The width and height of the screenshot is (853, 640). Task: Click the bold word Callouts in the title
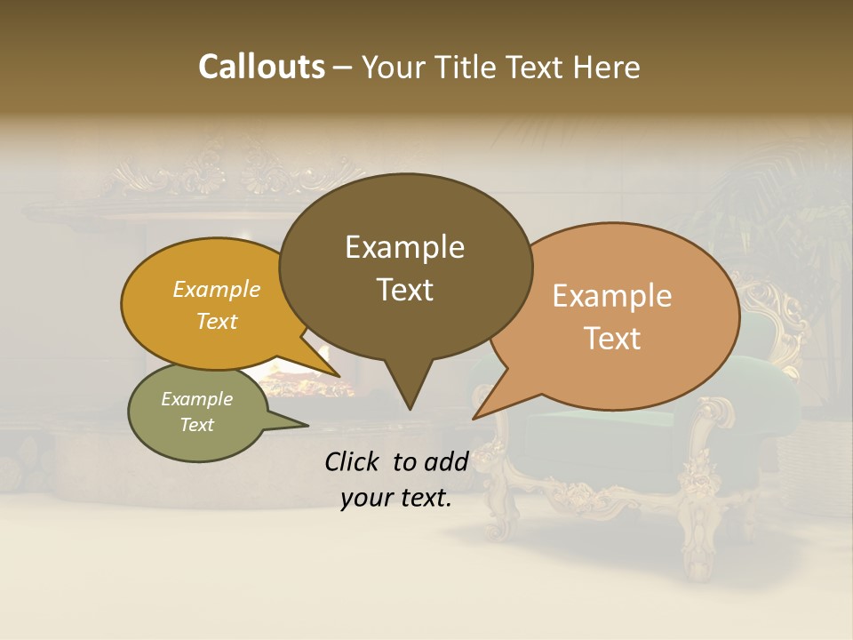(261, 67)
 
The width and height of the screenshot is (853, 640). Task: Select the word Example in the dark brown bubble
(404, 247)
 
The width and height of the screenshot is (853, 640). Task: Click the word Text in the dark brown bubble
(404, 290)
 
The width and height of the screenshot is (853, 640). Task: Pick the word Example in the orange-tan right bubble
(612, 296)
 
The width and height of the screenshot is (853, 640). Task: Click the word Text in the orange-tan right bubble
(612, 339)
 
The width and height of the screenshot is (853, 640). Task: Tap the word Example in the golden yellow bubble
(216, 289)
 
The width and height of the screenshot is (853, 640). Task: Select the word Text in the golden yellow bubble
(216, 321)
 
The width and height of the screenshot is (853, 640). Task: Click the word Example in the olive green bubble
(196, 399)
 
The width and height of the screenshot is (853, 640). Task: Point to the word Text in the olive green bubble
(196, 425)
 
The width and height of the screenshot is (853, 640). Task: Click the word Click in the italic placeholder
(353, 461)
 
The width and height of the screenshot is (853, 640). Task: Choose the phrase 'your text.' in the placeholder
(395, 498)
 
